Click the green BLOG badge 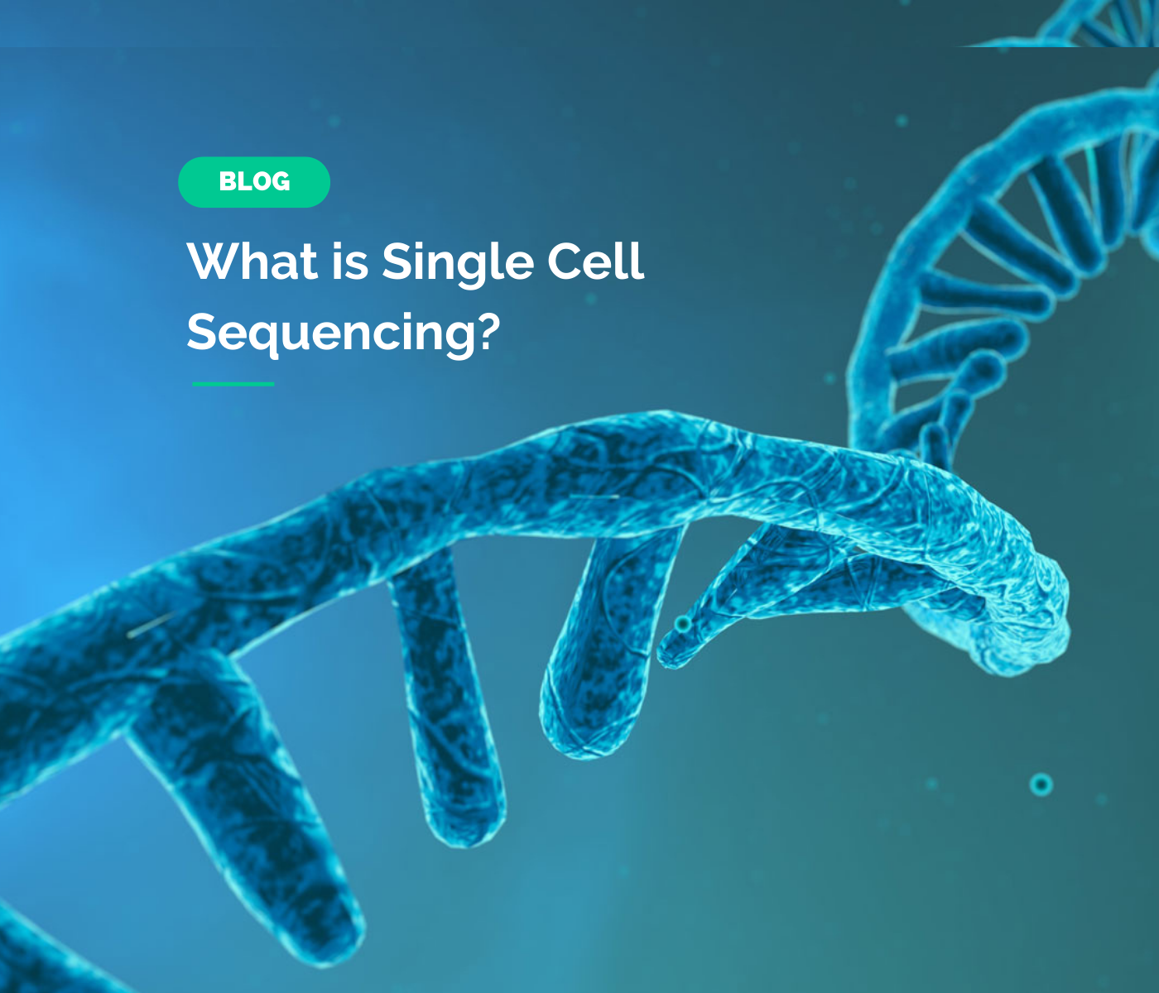point(254,182)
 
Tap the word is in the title point(350,261)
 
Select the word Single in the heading point(457,263)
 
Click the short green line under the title point(233,384)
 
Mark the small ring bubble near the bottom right point(1041,784)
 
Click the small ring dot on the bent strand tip point(682,622)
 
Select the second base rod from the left point(451,712)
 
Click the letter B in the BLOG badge point(227,182)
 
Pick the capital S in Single point(396,261)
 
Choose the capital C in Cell point(542,261)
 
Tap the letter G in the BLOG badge point(281,182)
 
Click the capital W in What point(211,261)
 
